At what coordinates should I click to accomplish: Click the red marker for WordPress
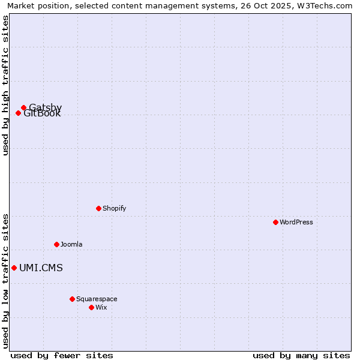click(x=275, y=222)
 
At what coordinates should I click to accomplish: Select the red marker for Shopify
click(x=98, y=208)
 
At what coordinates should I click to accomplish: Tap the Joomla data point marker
click(x=56, y=244)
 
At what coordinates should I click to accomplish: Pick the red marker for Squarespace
click(x=72, y=299)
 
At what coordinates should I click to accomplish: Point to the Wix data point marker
click(x=91, y=307)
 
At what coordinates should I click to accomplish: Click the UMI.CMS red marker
click(x=14, y=268)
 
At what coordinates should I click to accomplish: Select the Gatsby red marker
click(x=23, y=108)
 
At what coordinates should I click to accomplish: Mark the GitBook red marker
click(x=18, y=113)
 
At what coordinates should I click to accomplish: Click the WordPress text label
click(x=296, y=222)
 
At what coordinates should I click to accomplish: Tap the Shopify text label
click(x=114, y=208)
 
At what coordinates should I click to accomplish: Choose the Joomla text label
click(x=71, y=244)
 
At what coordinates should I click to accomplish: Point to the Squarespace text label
click(x=97, y=299)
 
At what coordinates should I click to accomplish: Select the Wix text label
click(x=101, y=307)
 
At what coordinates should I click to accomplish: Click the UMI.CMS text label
click(x=41, y=268)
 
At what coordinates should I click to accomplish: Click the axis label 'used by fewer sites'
click(x=62, y=355)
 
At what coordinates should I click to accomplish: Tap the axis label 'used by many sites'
click(x=301, y=355)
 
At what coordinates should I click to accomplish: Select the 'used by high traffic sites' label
click(x=5, y=85)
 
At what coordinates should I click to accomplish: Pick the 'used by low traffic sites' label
click(x=5, y=281)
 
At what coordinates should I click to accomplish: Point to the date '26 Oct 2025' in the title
click(x=265, y=5)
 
